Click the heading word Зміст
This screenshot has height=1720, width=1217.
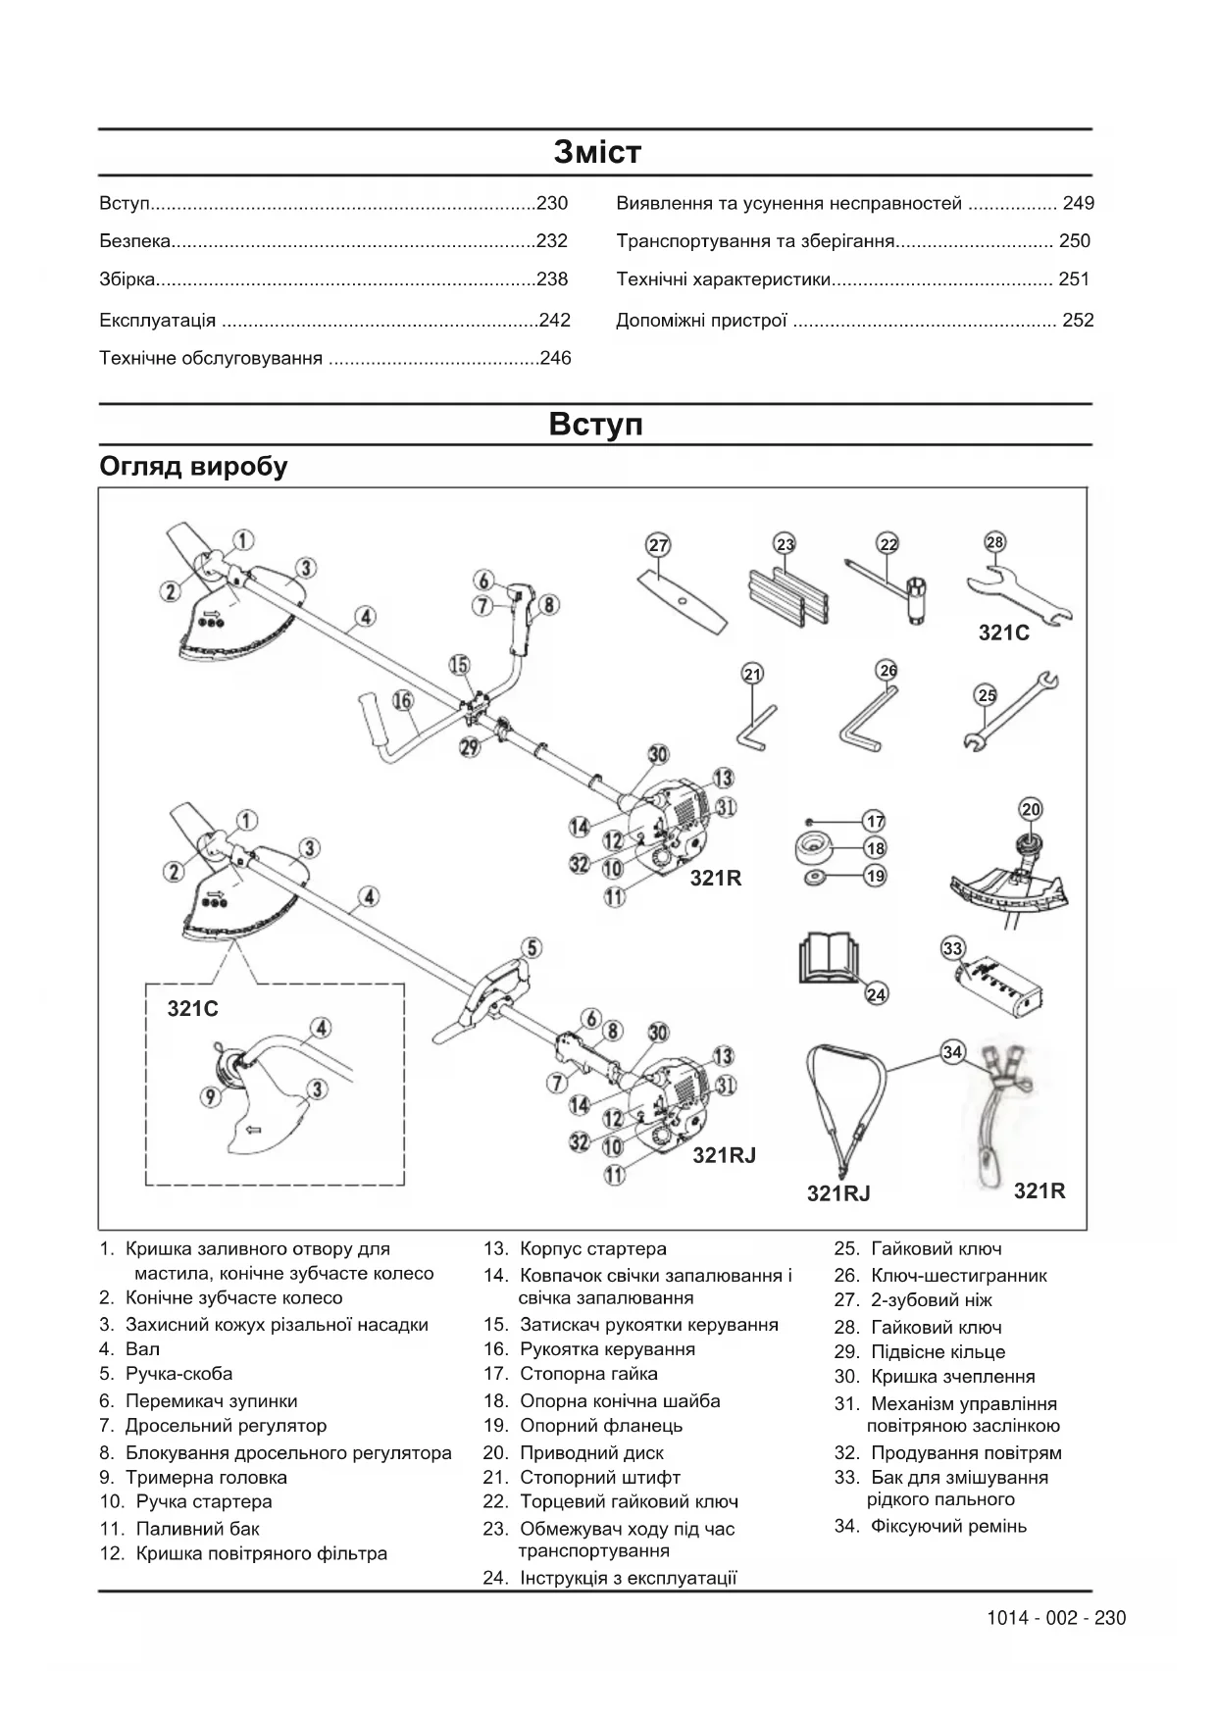point(596,152)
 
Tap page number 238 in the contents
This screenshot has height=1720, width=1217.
point(552,279)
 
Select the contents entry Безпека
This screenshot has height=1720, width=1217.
point(135,241)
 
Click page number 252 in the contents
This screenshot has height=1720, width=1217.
point(1078,321)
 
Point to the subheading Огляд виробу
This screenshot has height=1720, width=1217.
point(193,467)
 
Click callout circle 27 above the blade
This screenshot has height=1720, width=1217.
point(658,546)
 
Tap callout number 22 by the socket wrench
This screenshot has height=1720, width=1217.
point(887,544)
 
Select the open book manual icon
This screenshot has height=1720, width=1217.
point(829,958)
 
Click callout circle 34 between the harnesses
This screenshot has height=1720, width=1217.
point(952,1052)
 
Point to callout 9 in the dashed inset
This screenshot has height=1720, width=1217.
point(210,1096)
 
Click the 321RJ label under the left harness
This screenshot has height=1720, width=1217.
point(838,1193)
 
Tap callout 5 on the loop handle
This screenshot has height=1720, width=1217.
point(531,947)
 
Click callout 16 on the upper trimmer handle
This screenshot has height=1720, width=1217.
point(402,700)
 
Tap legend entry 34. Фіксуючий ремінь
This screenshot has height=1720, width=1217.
point(931,1526)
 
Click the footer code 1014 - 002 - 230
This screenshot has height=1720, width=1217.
point(1056,1618)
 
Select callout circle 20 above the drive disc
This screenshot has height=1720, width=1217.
point(1031,809)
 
